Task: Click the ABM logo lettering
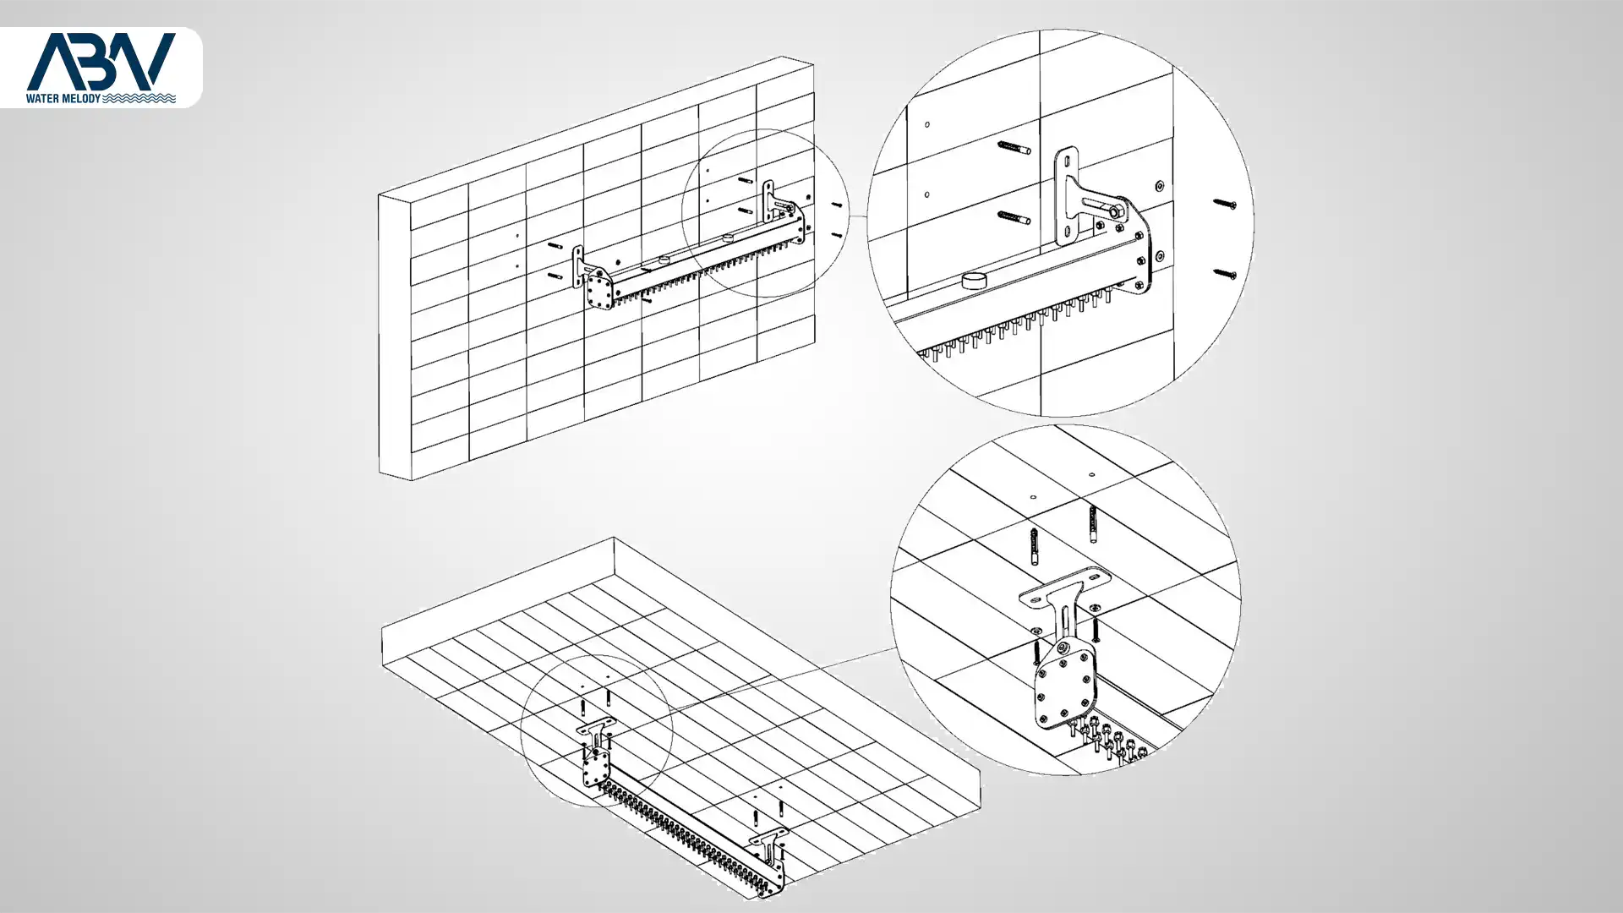101,61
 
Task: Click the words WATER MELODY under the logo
63,99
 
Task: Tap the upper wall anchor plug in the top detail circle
1014,149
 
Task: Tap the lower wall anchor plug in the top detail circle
1014,218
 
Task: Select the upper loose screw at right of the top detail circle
1225,204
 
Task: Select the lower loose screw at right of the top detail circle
1225,274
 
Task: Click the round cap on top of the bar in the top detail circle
975,280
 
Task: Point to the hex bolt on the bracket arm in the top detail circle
1118,212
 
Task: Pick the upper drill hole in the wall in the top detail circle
927,125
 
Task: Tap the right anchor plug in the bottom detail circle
1093,524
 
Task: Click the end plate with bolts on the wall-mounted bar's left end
600,290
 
